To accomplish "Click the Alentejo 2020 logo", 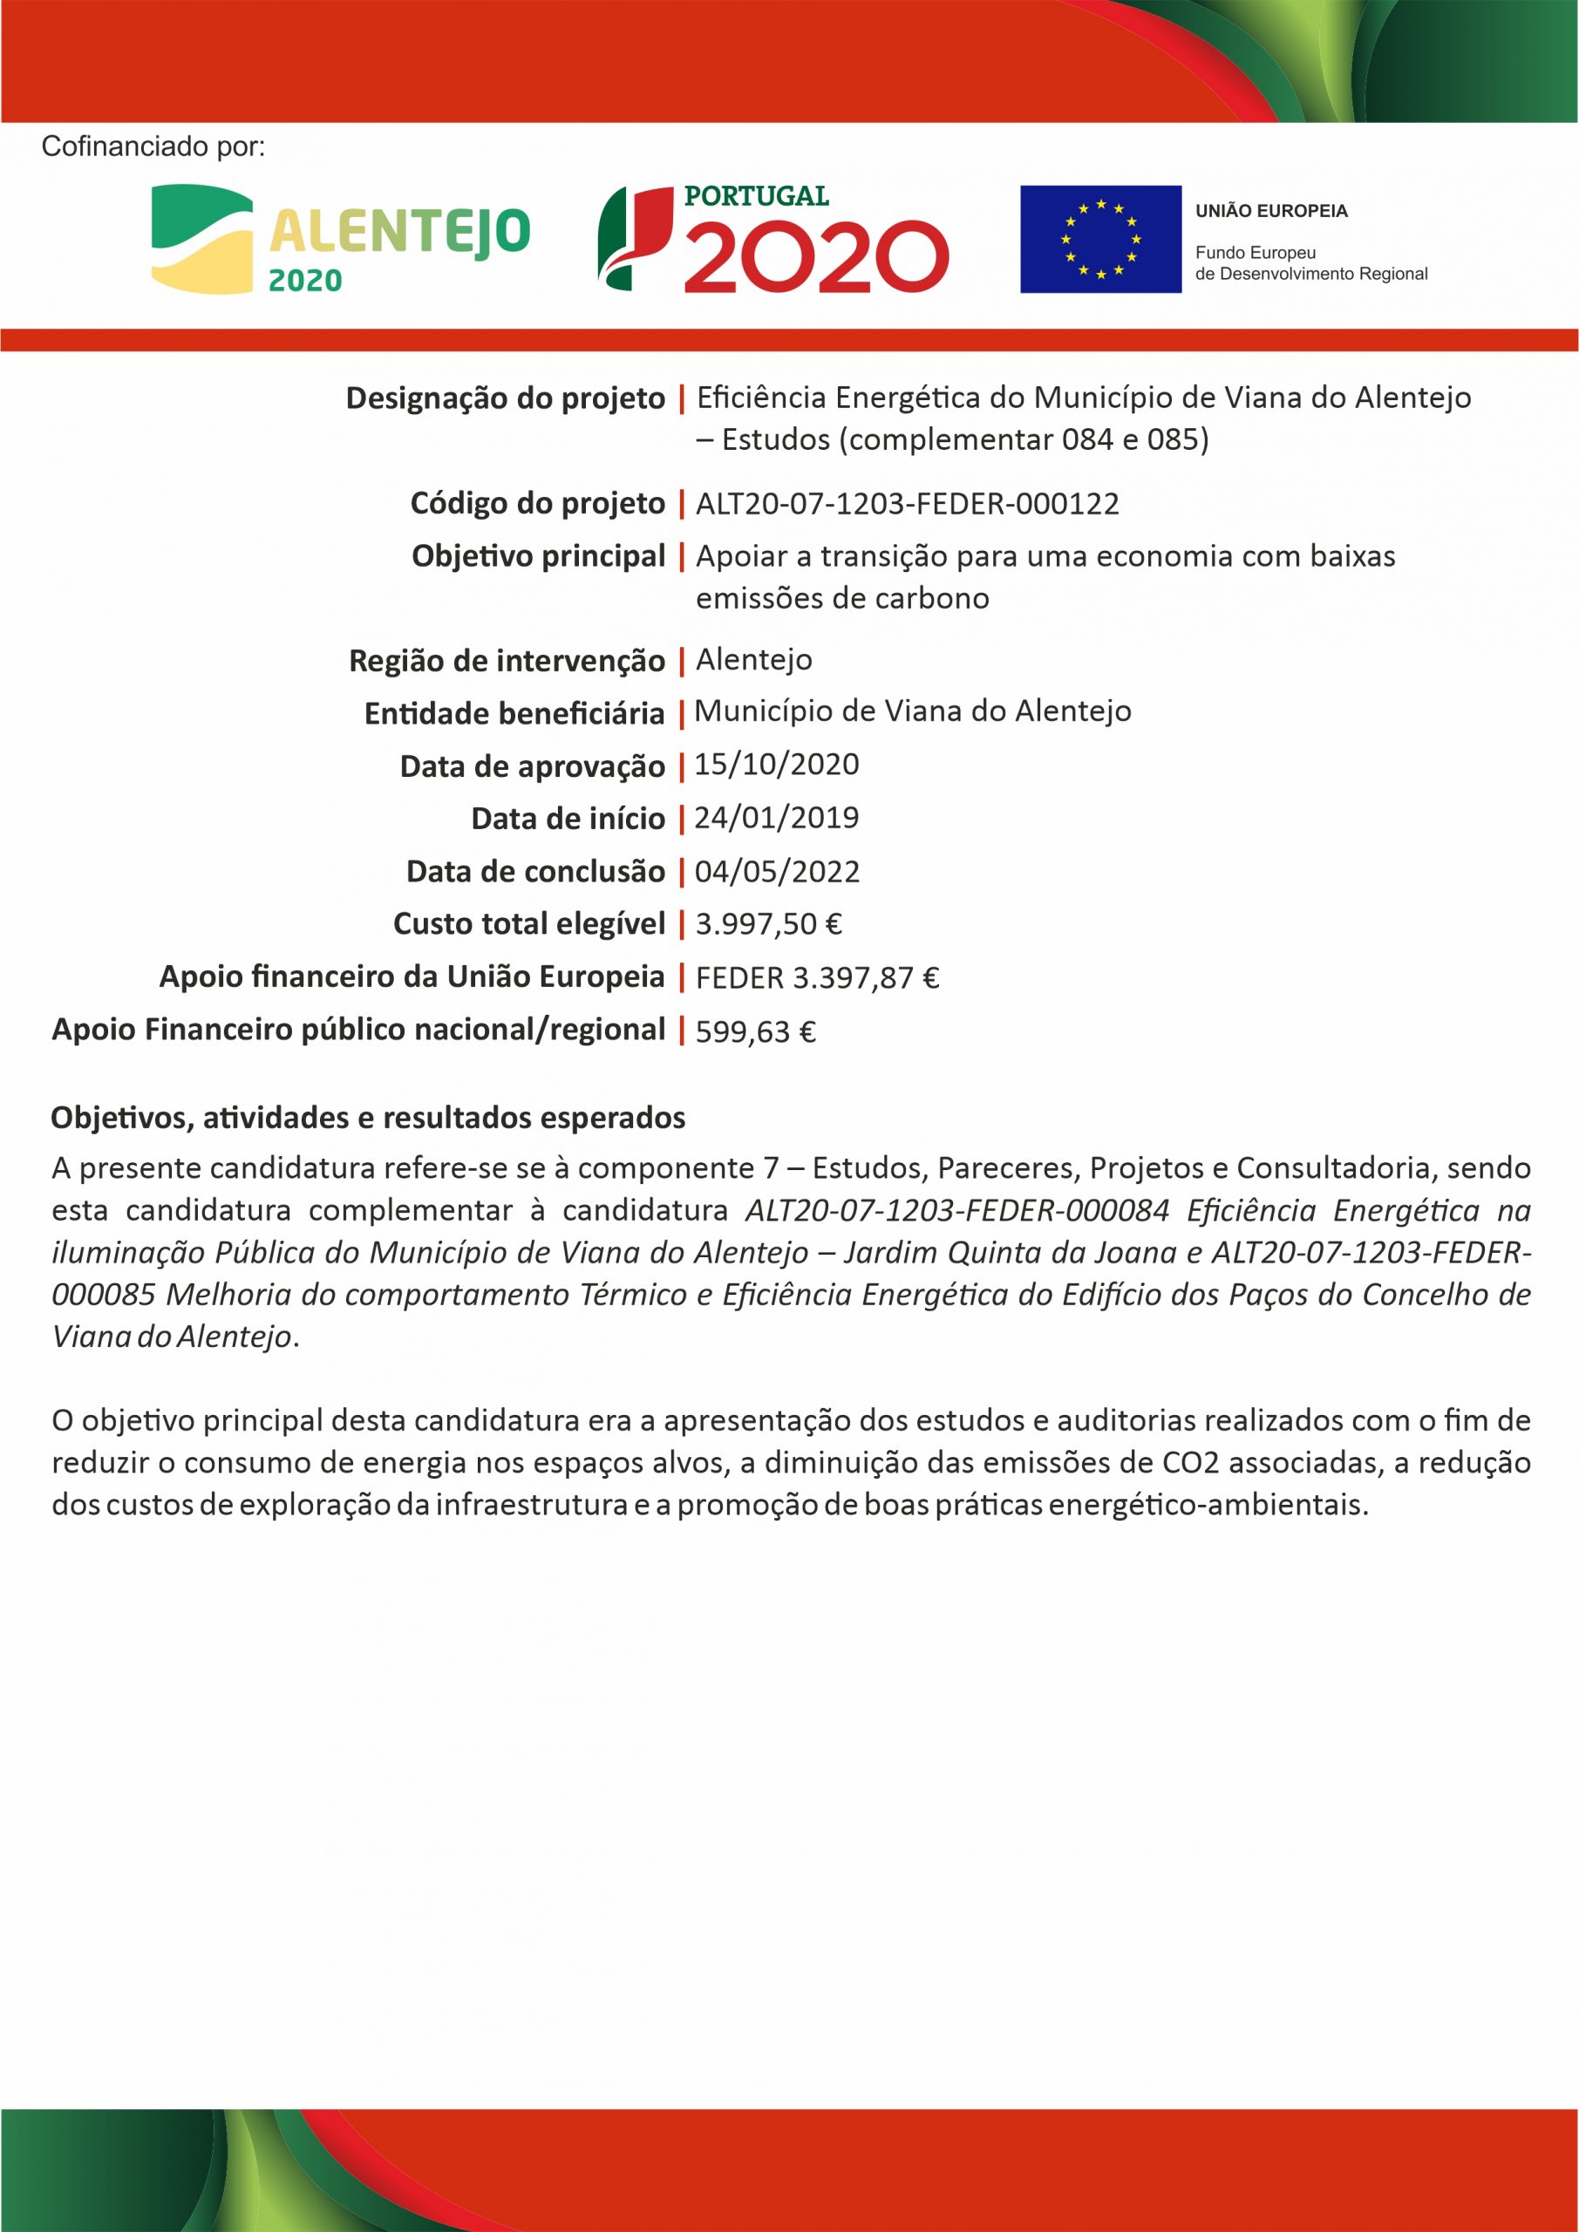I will [x=340, y=239].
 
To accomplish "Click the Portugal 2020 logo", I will [x=773, y=239].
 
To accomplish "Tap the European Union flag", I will [x=1100, y=239].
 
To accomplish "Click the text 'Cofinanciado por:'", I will [x=153, y=146].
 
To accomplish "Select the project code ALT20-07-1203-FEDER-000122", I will [x=907, y=504].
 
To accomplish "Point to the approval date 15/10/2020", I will [x=777, y=765].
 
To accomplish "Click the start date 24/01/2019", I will [x=777, y=818].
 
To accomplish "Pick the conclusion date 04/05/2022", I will [x=777, y=871].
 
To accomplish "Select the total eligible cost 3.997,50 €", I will [x=768, y=923].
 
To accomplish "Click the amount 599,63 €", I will [x=755, y=1031].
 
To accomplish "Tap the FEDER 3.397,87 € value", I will [x=817, y=977].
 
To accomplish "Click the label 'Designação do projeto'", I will [x=506, y=398].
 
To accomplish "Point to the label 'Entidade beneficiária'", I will [x=514, y=713].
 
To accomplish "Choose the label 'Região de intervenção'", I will [x=507, y=661].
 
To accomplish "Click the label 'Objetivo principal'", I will [x=539, y=556].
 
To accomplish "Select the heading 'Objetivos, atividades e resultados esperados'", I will [x=368, y=1118].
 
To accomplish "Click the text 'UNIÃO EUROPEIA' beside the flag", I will [x=1270, y=211].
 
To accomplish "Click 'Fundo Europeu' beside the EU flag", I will [x=1255, y=253].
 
